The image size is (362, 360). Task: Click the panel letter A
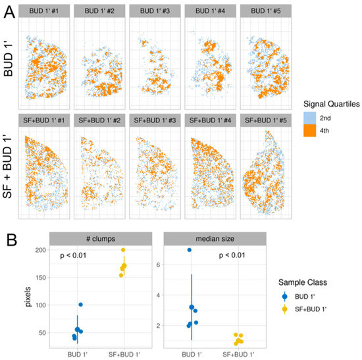9,11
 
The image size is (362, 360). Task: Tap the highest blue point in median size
189,250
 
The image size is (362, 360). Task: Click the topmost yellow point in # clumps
122,250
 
